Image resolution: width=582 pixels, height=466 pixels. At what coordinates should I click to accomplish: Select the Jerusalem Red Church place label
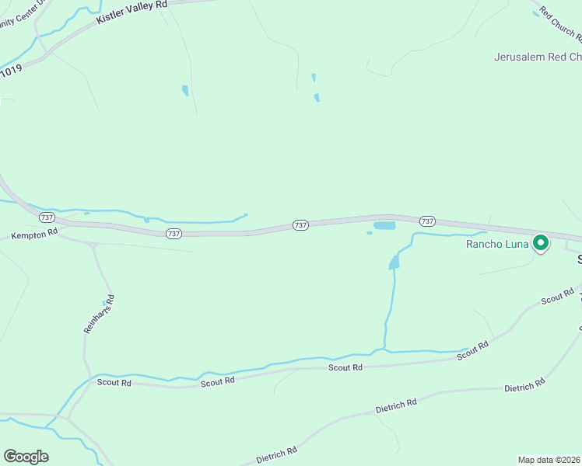pos(538,57)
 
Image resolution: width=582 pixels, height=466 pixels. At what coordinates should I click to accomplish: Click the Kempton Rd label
pos(35,233)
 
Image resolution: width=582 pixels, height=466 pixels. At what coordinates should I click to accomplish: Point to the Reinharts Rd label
pos(98,314)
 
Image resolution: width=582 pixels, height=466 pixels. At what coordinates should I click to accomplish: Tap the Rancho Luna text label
pos(497,244)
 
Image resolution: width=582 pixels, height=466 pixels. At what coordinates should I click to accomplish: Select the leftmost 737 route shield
pos(47,217)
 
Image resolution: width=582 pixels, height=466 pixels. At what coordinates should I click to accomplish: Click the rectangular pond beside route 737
pos(384,226)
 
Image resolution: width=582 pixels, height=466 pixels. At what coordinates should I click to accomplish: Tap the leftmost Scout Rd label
pos(114,382)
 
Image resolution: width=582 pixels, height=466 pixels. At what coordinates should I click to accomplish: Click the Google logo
pos(26,457)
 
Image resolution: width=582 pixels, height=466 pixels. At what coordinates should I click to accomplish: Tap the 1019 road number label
pos(11,71)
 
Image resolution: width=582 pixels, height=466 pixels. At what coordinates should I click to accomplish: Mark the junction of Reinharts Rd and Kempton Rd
pos(93,245)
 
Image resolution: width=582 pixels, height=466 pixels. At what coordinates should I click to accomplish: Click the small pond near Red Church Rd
pos(535,13)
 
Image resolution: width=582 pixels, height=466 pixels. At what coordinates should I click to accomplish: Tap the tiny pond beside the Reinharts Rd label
pos(103,302)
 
